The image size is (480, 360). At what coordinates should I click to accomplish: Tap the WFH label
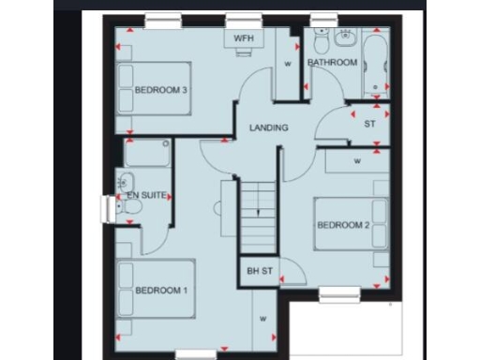coord(243,38)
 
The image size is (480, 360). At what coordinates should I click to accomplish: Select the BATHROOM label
coord(333,63)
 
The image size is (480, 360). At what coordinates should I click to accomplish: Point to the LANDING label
coord(269,127)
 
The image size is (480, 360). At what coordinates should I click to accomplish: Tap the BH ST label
coord(259,271)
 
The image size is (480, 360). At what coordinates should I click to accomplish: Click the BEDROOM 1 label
coord(161,291)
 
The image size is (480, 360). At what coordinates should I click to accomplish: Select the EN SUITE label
coord(147,195)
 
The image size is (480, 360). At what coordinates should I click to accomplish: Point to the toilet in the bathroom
coord(322,44)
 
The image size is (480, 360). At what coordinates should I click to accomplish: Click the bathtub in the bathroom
coord(376,64)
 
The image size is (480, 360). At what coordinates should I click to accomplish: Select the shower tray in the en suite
coord(147,153)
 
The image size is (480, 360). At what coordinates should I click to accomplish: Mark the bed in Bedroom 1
coord(155,292)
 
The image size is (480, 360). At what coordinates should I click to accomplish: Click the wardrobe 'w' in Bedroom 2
coord(357,160)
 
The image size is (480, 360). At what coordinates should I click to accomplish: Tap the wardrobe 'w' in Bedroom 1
coord(263,319)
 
